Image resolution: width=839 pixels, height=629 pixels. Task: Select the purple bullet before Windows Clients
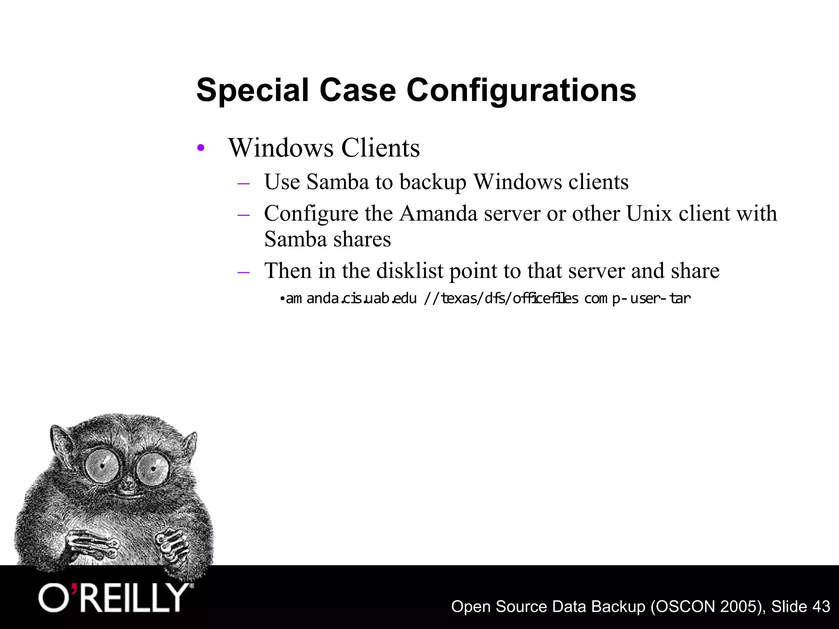(200, 148)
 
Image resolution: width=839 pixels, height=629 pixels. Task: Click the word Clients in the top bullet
(380, 148)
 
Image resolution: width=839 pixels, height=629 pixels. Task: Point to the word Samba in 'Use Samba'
(337, 182)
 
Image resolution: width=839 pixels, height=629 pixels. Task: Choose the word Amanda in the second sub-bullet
(438, 213)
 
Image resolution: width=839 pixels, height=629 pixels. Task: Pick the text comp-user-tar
(637, 299)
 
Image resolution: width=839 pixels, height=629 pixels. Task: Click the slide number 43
(821, 606)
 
